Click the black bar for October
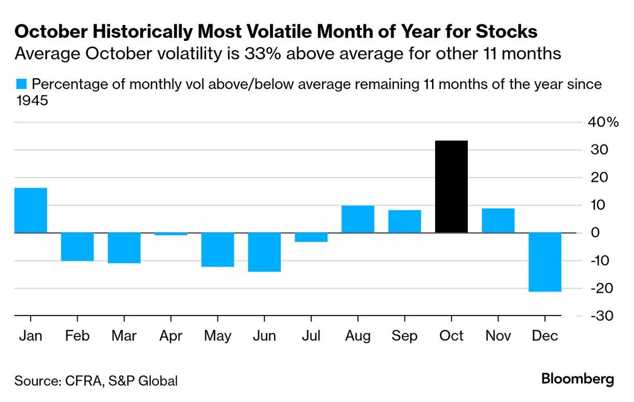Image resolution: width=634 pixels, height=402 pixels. [451, 186]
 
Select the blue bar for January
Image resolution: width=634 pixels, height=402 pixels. [31, 210]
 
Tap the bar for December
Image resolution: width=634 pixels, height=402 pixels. [545, 262]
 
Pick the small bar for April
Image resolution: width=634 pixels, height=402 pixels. [171, 234]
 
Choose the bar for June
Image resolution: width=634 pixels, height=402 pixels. [264, 252]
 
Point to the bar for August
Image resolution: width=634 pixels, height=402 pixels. [358, 219]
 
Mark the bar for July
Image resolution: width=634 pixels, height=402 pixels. [311, 237]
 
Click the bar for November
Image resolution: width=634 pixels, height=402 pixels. [498, 221]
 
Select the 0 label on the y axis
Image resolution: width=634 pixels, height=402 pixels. [595, 233]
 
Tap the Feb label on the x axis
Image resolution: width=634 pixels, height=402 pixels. [77, 336]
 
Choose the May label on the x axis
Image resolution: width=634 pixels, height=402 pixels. [218, 336]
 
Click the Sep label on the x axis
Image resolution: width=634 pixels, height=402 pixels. [405, 336]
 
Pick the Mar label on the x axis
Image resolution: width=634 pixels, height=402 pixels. [124, 336]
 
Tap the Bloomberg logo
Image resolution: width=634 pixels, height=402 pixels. [578, 379]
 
